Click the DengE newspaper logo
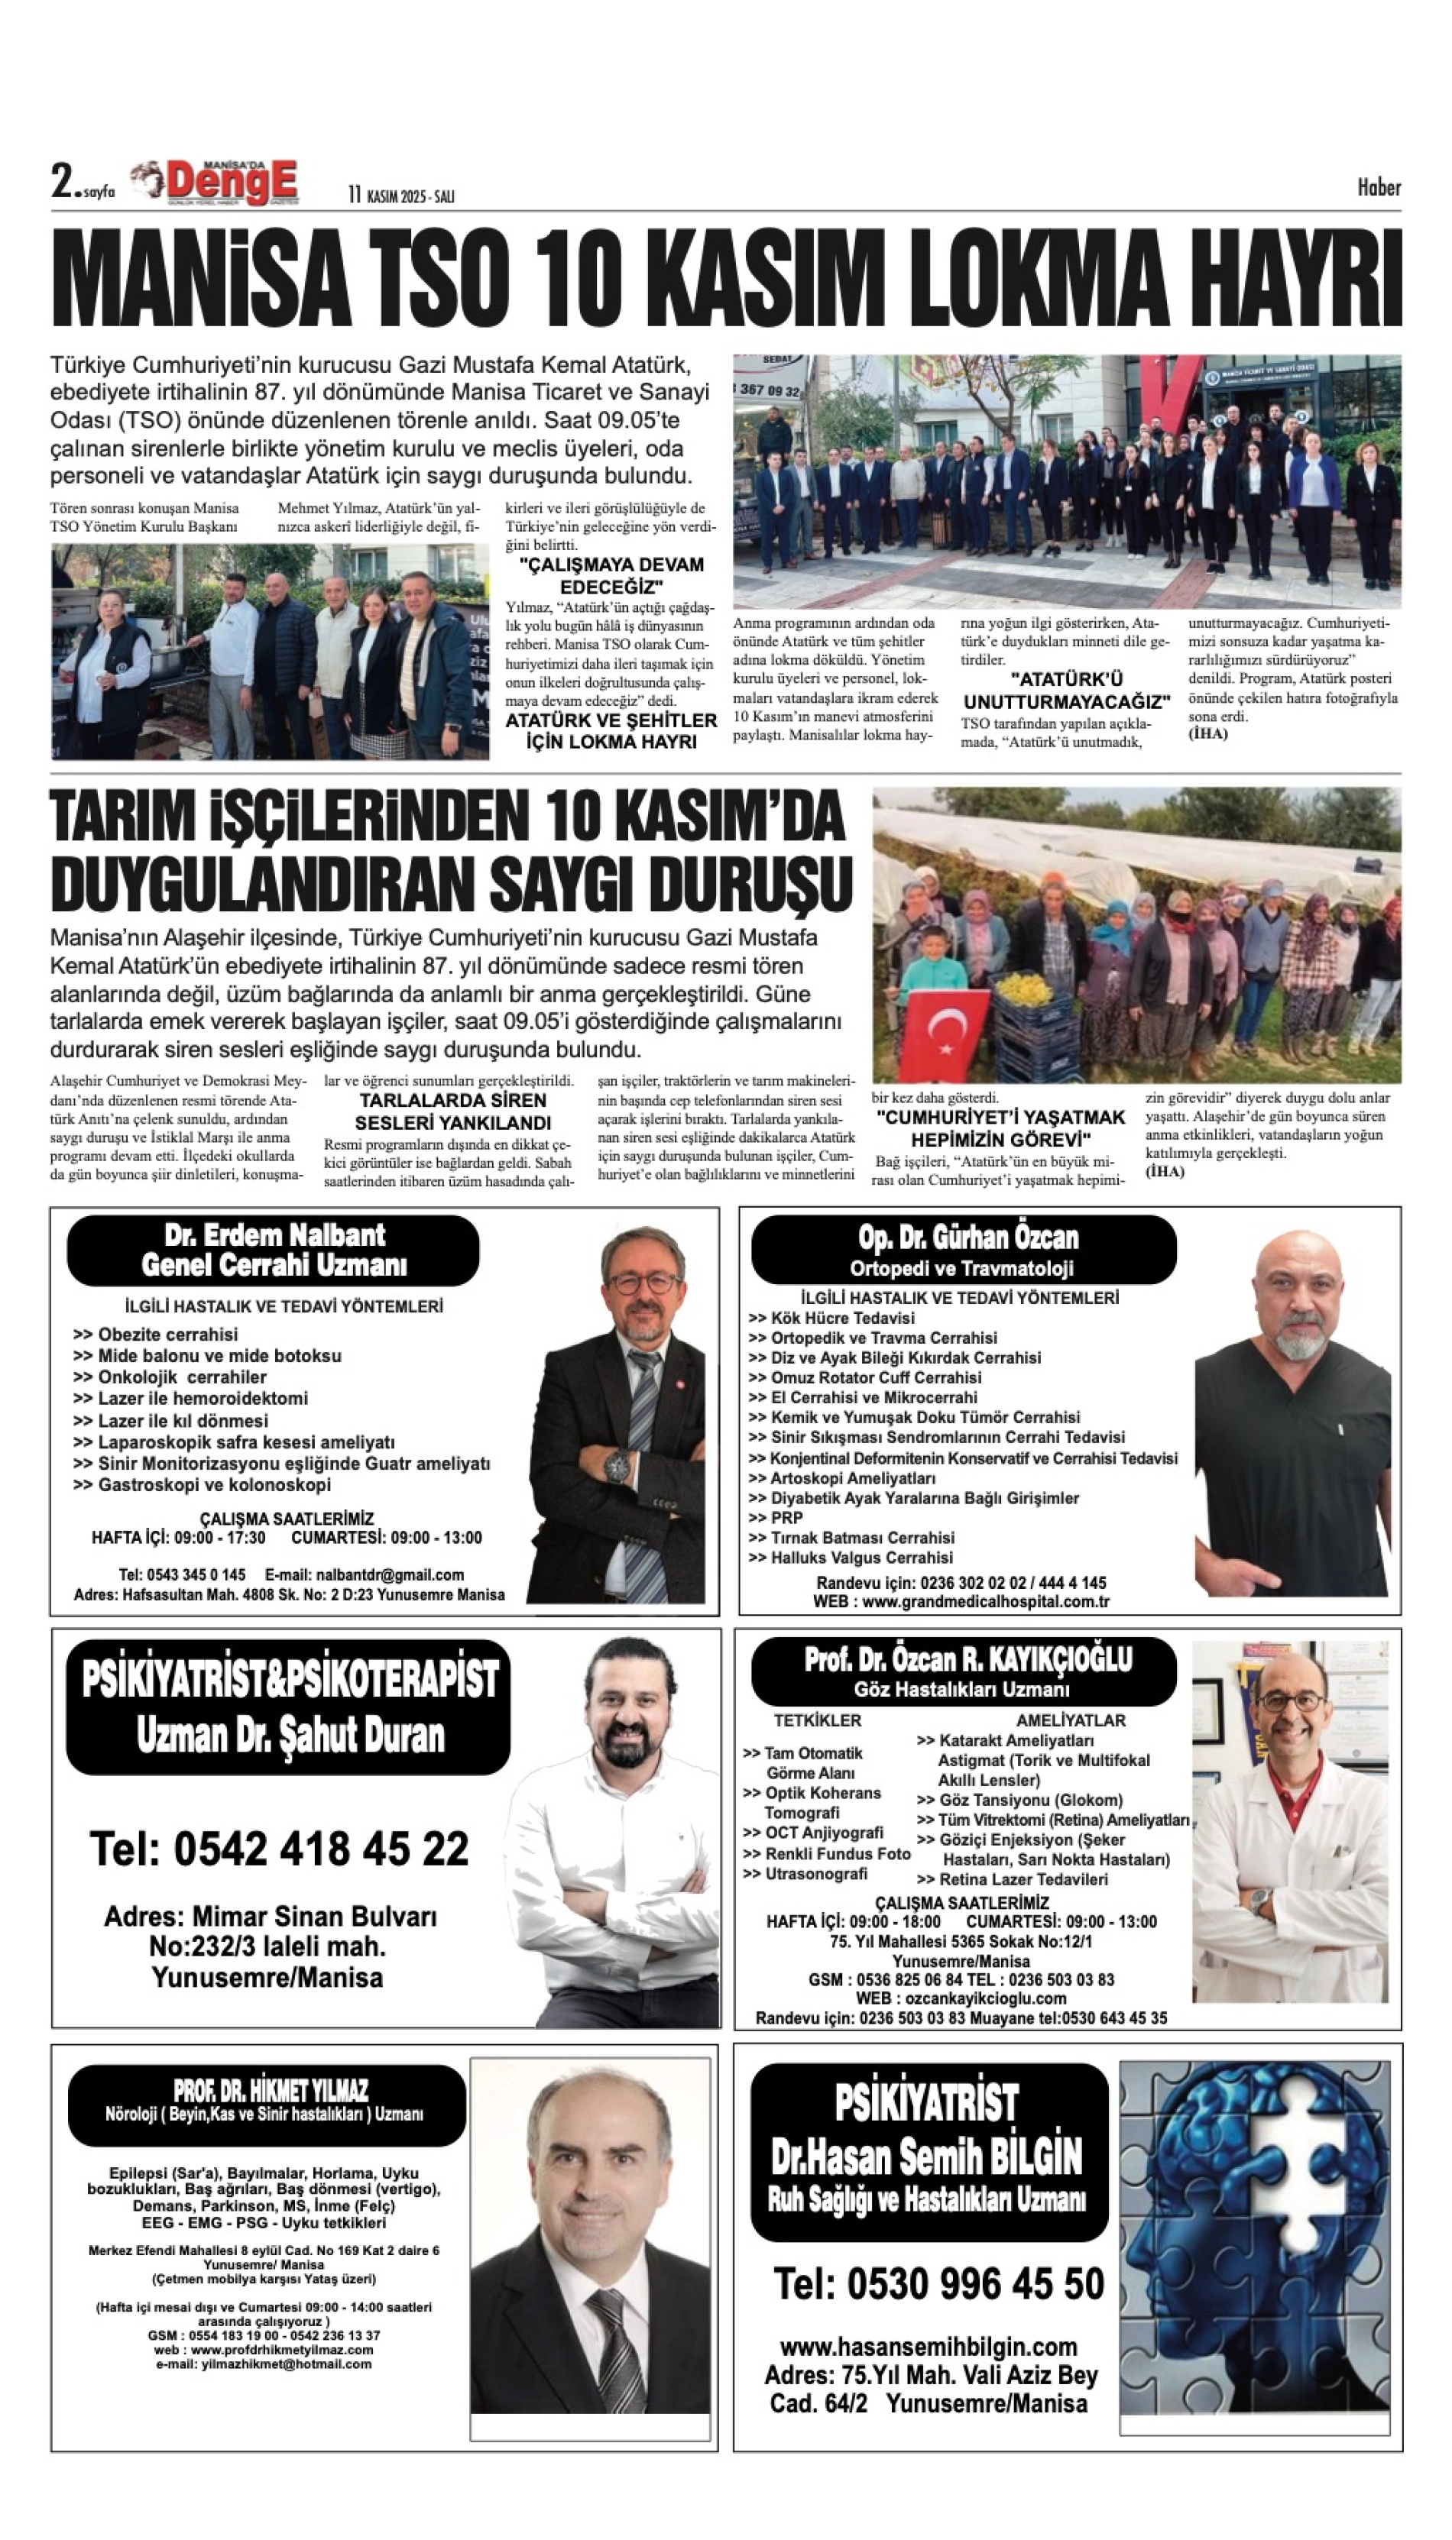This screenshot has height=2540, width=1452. (232, 183)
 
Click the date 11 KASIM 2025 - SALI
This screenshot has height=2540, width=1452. (401, 196)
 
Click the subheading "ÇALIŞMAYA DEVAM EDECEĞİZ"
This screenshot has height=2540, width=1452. (611, 575)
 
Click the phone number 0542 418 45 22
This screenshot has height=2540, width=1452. (279, 1849)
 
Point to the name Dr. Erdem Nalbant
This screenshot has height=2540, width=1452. (274, 1235)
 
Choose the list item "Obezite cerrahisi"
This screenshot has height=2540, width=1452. (167, 1334)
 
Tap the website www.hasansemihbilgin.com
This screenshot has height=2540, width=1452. (929, 2347)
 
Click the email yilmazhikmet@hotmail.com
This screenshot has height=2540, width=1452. (264, 2364)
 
